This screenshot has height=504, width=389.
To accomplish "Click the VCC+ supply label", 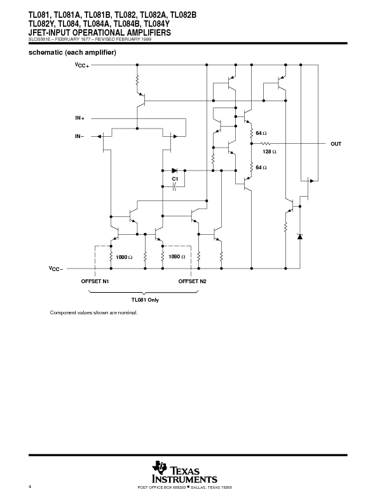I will click(x=82, y=66).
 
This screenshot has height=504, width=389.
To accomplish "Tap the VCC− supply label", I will click(x=55, y=269).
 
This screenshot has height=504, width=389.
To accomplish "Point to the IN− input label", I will click(x=79, y=136).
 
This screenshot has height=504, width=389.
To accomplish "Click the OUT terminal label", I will click(x=336, y=144).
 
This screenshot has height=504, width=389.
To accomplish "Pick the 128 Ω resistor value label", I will click(x=270, y=152).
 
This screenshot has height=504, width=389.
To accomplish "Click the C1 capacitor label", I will click(x=175, y=179).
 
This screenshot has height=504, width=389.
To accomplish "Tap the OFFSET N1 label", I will click(x=95, y=281).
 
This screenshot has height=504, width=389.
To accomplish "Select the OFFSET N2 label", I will click(x=192, y=281).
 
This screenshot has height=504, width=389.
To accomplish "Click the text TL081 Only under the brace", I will click(x=145, y=299).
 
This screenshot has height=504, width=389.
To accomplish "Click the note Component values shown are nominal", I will click(x=93, y=313).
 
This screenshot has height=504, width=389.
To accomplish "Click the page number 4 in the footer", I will click(x=30, y=487).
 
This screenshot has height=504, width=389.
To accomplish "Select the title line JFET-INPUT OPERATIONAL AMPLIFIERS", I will click(x=99, y=32).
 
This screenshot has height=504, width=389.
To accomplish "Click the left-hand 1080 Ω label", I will click(x=123, y=257).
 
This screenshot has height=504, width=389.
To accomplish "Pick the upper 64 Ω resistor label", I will click(x=261, y=133).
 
